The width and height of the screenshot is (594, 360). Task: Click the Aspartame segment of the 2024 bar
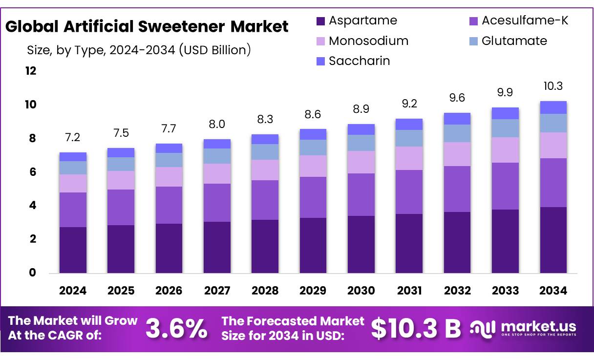[x=73, y=250]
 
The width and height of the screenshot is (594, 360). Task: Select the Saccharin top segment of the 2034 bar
[x=553, y=107]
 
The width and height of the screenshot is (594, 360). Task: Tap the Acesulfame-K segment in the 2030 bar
[x=361, y=194]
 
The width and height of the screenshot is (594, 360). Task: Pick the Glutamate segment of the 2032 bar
[x=457, y=133]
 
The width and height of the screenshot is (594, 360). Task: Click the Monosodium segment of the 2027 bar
[x=217, y=173]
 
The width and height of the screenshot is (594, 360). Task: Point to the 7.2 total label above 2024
[x=72, y=137]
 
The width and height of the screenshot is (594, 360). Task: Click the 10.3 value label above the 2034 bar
[x=553, y=86]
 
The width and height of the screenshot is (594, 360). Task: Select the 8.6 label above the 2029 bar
[x=313, y=114]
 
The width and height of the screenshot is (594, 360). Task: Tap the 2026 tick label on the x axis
[x=169, y=291]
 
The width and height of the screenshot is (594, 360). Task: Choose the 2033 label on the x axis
[x=505, y=291]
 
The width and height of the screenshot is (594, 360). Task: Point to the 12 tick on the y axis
[x=31, y=71]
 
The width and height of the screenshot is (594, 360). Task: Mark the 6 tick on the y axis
[x=32, y=172]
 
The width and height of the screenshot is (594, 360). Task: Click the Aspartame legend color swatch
[x=321, y=21]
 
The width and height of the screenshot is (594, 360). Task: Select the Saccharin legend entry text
[x=359, y=61]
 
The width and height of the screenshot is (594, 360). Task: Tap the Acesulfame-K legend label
[x=525, y=21]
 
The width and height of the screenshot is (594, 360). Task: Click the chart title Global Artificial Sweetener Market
[x=147, y=26]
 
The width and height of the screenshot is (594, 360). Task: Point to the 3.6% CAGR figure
[x=177, y=329]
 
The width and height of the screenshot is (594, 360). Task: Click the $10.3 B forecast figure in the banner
[x=416, y=329]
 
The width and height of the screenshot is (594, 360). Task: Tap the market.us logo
[x=523, y=328]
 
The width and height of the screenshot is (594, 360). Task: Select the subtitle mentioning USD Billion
[x=139, y=50]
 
